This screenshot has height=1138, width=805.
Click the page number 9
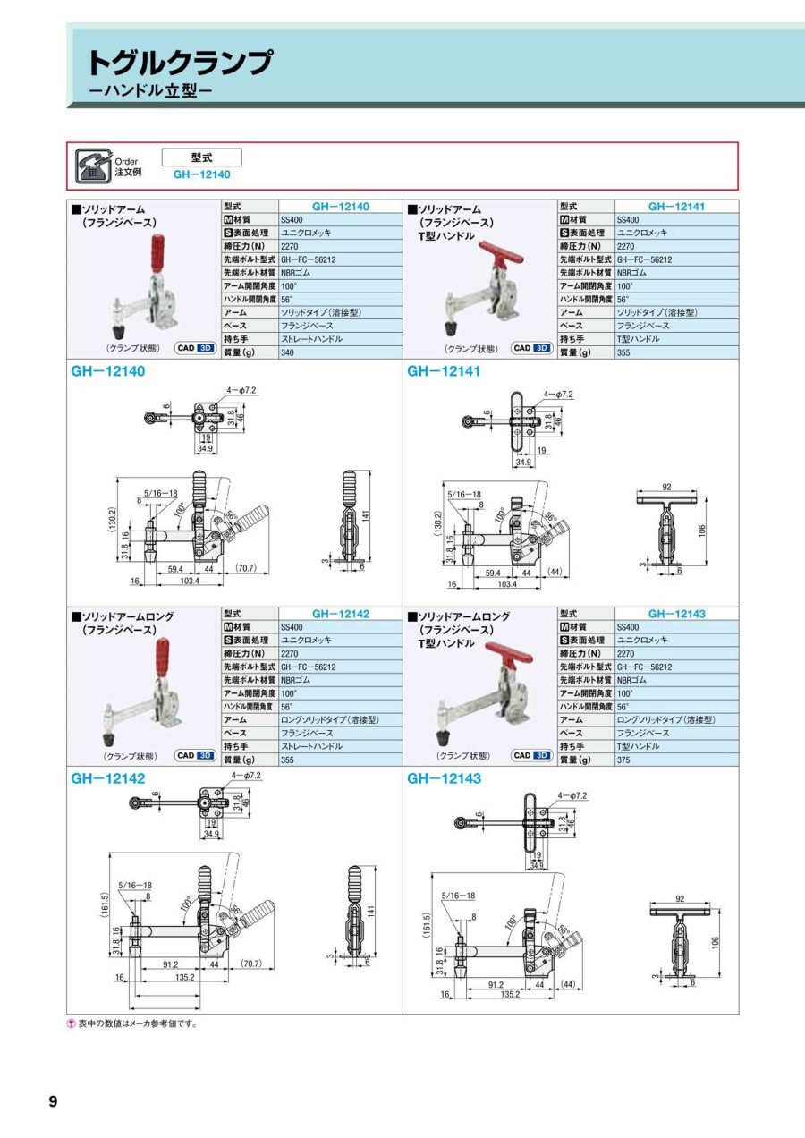(53, 1101)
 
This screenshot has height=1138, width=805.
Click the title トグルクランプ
(181, 63)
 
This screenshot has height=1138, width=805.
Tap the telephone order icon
(93, 166)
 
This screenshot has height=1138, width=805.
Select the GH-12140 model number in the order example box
(201, 174)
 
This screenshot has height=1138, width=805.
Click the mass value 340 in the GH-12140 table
(287, 352)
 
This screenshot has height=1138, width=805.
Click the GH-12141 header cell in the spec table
(676, 207)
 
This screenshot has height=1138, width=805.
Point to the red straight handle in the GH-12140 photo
(158, 253)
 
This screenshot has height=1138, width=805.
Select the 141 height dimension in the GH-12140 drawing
(365, 515)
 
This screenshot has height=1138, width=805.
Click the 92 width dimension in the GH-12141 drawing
(667, 486)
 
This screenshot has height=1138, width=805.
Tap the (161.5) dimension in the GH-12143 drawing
(427, 938)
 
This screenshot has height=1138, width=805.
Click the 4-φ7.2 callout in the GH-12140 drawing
(241, 390)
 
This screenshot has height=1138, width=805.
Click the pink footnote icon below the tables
(71, 1023)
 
